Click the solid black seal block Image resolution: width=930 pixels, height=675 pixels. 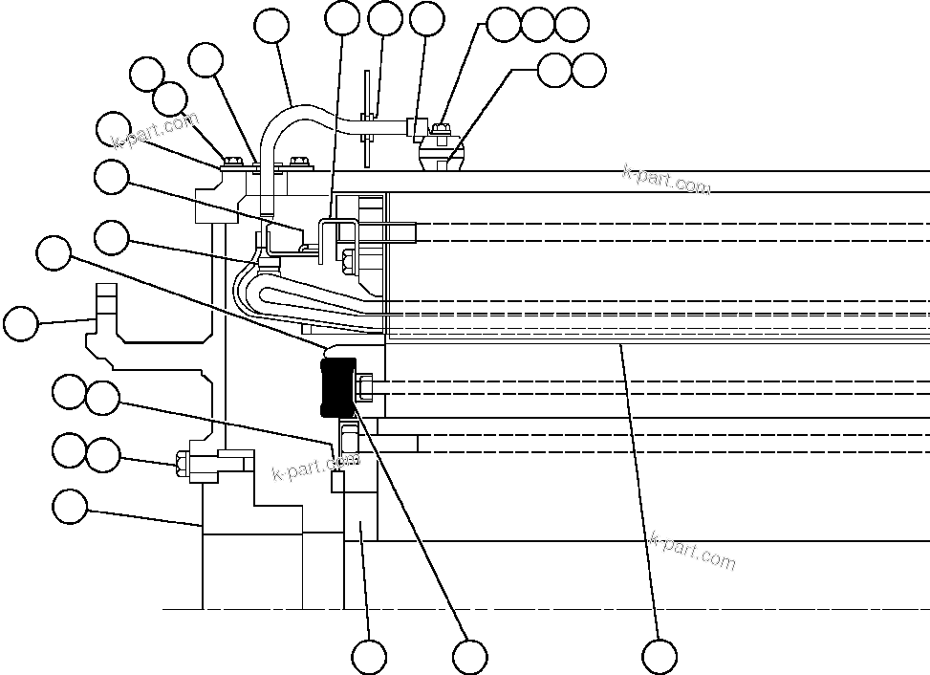point(337,387)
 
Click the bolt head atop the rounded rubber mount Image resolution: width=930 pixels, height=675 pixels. point(441,129)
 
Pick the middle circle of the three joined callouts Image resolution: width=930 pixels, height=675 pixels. point(537,25)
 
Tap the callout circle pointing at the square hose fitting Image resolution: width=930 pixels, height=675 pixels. point(426,18)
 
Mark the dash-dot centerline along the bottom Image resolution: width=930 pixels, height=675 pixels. point(535,608)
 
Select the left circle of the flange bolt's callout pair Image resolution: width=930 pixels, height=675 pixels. point(69,450)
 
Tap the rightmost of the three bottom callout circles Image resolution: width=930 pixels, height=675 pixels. point(660,657)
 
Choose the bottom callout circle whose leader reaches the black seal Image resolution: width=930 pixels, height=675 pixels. point(469,657)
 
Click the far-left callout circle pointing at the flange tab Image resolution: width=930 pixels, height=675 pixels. point(21,324)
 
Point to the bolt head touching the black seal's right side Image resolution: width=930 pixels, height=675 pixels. point(364,387)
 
